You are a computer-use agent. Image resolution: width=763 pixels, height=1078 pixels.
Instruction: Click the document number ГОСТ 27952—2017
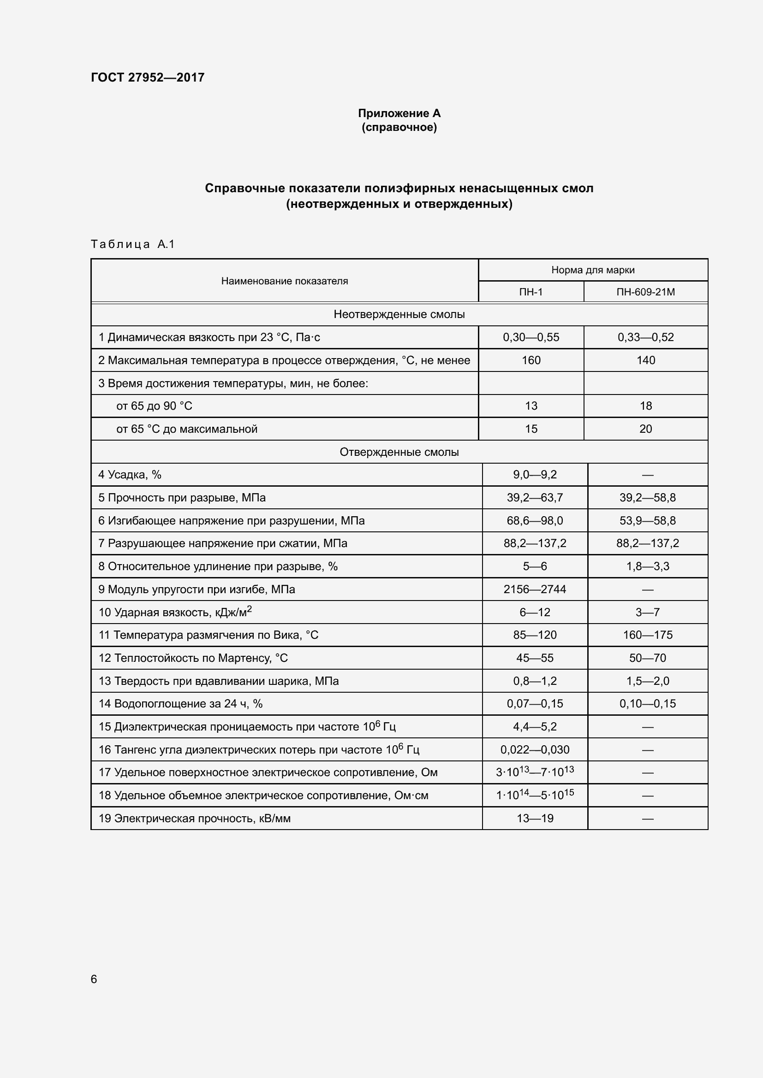[148, 77]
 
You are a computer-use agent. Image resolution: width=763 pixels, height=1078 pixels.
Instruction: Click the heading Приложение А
[399, 113]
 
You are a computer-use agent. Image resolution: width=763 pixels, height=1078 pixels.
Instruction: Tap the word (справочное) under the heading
[399, 127]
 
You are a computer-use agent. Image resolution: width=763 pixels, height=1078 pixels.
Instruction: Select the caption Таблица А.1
[132, 244]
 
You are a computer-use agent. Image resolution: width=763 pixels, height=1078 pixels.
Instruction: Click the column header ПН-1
[531, 292]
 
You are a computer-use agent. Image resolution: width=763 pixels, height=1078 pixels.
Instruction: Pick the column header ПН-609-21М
[645, 292]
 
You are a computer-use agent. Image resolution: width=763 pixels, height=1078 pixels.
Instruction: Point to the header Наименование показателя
[284, 281]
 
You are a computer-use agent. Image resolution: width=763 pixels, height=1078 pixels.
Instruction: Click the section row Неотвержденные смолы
[399, 315]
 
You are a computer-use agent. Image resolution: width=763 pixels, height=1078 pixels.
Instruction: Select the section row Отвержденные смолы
[399, 452]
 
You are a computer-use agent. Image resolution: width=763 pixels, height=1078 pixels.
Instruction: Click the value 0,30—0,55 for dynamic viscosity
[531, 337]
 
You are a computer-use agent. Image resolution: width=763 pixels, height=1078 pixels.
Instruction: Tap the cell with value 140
[645, 360]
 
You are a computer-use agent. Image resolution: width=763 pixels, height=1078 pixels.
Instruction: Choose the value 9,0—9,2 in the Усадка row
[535, 475]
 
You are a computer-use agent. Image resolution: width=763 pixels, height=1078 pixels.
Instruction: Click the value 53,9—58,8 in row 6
[647, 521]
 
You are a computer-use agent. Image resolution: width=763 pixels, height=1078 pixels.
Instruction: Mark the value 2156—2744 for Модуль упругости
[535, 589]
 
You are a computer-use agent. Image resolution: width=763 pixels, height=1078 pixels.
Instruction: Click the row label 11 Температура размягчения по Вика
[208, 635]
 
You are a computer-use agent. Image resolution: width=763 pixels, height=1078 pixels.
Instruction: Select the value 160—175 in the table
[647, 635]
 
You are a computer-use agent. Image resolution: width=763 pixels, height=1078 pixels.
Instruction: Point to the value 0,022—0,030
[535, 750]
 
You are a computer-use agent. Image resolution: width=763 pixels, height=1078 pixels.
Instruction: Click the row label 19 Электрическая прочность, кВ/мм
[195, 819]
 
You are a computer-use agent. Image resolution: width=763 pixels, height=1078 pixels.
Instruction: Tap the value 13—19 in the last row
[535, 819]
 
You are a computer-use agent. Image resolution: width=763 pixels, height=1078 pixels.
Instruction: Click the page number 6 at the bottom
[94, 979]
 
